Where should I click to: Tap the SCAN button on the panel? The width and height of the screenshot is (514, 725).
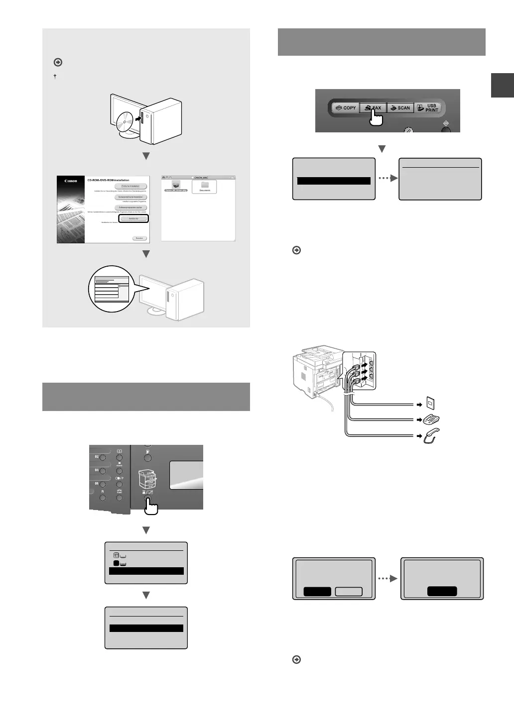[400, 107]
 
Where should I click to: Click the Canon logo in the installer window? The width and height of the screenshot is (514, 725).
[71, 181]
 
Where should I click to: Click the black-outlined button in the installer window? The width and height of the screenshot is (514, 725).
[133, 218]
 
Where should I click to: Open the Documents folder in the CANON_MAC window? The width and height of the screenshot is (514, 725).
[204, 187]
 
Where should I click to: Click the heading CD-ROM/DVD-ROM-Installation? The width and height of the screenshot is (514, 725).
[108, 180]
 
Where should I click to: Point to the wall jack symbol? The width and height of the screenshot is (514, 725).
[431, 404]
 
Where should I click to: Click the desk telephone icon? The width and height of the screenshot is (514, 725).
[431, 420]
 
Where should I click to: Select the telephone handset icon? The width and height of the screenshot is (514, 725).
[431, 436]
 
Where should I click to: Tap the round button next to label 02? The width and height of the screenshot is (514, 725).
[103, 457]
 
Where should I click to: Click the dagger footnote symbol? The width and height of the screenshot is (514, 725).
[55, 76]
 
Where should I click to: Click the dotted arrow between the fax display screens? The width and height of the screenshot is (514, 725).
[387, 178]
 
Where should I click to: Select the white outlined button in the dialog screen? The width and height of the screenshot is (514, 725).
[349, 591]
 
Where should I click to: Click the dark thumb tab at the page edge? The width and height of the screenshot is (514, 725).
[502, 85]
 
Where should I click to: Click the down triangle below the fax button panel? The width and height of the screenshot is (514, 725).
[382, 149]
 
